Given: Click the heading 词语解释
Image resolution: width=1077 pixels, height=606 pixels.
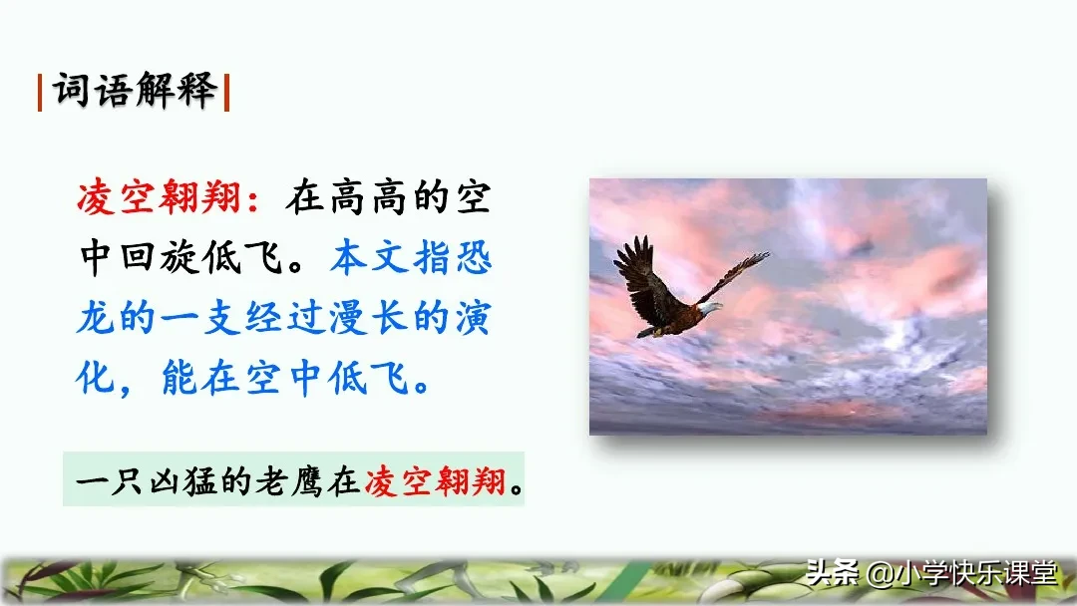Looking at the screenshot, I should pos(135,92).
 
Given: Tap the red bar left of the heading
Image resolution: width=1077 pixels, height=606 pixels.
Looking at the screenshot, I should pos(40,93).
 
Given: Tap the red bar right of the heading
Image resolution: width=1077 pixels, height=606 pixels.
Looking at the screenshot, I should pos(227,93).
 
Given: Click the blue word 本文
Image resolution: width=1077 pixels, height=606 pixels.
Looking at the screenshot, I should pos(369,259).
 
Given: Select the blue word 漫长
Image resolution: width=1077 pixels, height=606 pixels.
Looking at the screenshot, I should pos(369,319).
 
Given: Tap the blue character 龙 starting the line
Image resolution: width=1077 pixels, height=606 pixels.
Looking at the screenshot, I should pos(98,319).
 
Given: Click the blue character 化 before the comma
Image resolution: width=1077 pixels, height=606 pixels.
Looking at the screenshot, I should pos(98,379).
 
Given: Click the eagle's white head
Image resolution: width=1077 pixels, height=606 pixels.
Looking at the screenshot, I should pos(709,308).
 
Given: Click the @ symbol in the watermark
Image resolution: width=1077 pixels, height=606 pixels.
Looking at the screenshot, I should pos(877,574).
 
